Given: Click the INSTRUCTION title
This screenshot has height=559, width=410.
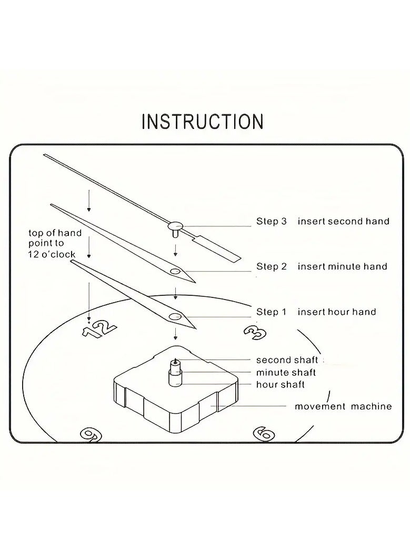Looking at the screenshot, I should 203,121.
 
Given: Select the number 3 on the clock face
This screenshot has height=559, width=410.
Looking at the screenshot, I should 255,332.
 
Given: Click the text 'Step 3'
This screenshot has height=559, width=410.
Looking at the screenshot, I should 271,222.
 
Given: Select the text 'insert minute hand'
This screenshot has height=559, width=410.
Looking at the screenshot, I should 342,267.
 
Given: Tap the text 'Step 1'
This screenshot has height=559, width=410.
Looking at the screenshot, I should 271,312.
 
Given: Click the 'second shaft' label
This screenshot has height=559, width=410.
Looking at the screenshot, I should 287,361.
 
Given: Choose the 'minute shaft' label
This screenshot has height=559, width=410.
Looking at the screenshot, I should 286,373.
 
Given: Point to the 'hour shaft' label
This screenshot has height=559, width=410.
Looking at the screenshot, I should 280,385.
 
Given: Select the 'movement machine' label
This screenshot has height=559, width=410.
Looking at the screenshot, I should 343,406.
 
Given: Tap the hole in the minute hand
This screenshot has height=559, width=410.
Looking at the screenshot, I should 175,272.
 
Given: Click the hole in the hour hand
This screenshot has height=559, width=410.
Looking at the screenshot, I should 174,316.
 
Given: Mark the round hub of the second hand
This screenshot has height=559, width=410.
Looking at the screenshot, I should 176,226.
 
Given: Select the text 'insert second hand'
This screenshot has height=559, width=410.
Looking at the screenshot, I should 343,222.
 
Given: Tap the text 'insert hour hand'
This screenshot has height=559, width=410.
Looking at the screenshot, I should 337,312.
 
